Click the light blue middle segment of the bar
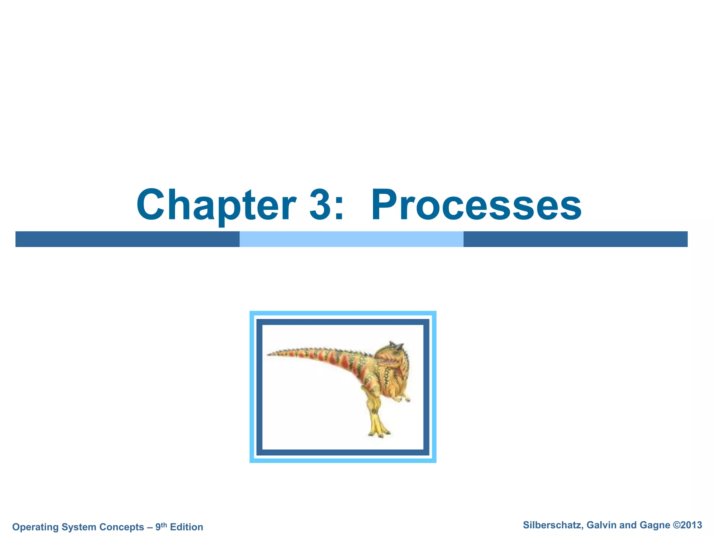pyautogui.click(x=351, y=239)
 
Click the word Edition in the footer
pyautogui.click(x=187, y=527)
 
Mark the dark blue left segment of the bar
pyautogui.click(x=127, y=239)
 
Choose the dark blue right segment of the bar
pyautogui.click(x=575, y=239)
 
